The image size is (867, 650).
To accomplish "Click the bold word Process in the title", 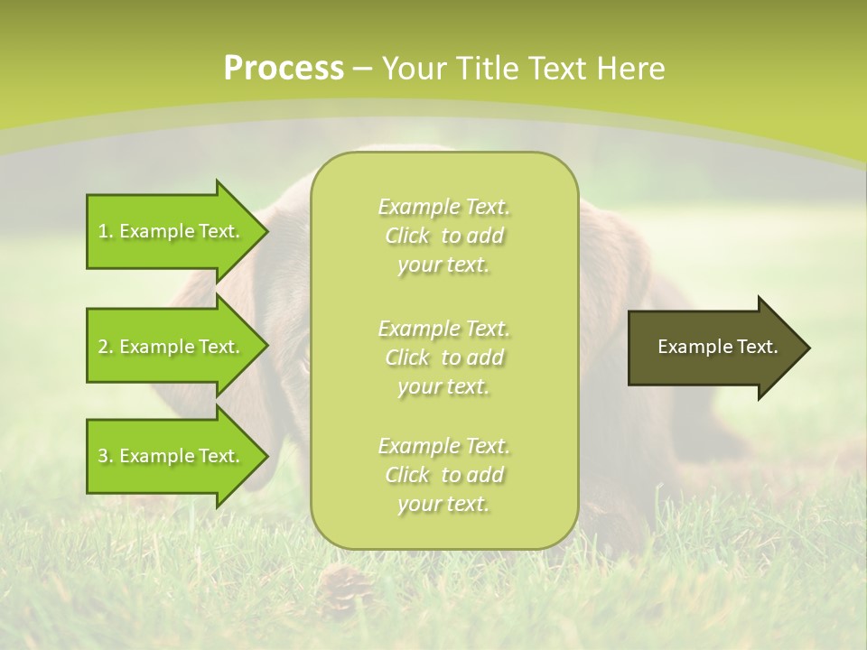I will pyautogui.click(x=284, y=69).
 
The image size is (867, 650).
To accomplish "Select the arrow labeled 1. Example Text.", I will pyautogui.click(x=172, y=231).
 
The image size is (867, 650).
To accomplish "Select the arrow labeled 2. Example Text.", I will pyautogui.click(x=172, y=347).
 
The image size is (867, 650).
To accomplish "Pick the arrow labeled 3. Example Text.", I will pyautogui.click(x=172, y=456).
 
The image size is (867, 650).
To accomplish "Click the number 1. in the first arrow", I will pyautogui.click(x=106, y=231).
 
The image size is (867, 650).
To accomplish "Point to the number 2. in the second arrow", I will pyautogui.click(x=106, y=347).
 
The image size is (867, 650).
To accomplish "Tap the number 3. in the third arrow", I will pyautogui.click(x=106, y=456).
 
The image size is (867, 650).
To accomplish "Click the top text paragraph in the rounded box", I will pyautogui.click(x=443, y=236).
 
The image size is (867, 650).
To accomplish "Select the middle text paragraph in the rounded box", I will pyautogui.click(x=443, y=357).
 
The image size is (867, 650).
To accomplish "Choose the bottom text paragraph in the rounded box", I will pyautogui.click(x=443, y=475).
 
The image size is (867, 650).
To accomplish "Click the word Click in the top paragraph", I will pyautogui.click(x=407, y=236).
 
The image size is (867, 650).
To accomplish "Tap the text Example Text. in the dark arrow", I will pyautogui.click(x=717, y=347).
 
